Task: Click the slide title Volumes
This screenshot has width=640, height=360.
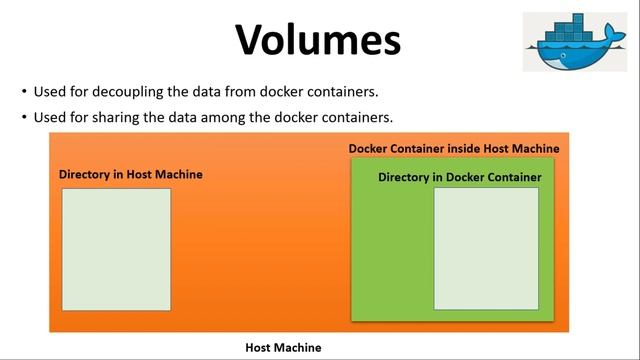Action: (319, 40)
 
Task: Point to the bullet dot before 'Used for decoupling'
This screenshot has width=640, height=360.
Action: (24, 92)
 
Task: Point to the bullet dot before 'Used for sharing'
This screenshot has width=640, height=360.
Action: (24, 117)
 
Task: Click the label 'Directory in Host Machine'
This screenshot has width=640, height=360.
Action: (130, 174)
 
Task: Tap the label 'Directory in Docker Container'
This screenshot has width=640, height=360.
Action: (459, 177)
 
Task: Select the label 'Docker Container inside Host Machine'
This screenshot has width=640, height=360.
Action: (453, 149)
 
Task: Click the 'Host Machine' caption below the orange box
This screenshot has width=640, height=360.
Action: (283, 348)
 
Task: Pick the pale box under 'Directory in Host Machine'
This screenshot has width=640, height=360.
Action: (116, 249)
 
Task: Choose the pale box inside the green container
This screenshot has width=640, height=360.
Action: (485, 248)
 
